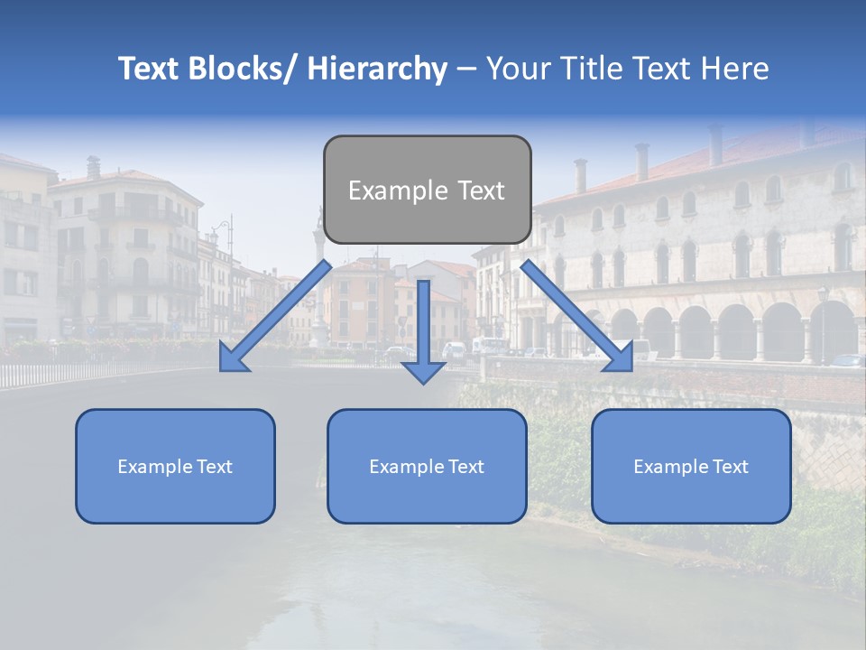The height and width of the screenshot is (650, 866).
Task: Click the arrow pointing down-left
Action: coord(280,312)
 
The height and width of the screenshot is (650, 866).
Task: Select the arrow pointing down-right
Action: coord(573,312)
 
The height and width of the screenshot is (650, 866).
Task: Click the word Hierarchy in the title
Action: coord(377,69)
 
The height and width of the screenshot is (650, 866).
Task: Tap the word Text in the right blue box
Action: coord(727,467)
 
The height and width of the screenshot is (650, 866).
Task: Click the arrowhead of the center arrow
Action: coord(423,371)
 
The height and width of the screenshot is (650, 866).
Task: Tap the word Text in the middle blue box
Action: coord(463,467)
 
